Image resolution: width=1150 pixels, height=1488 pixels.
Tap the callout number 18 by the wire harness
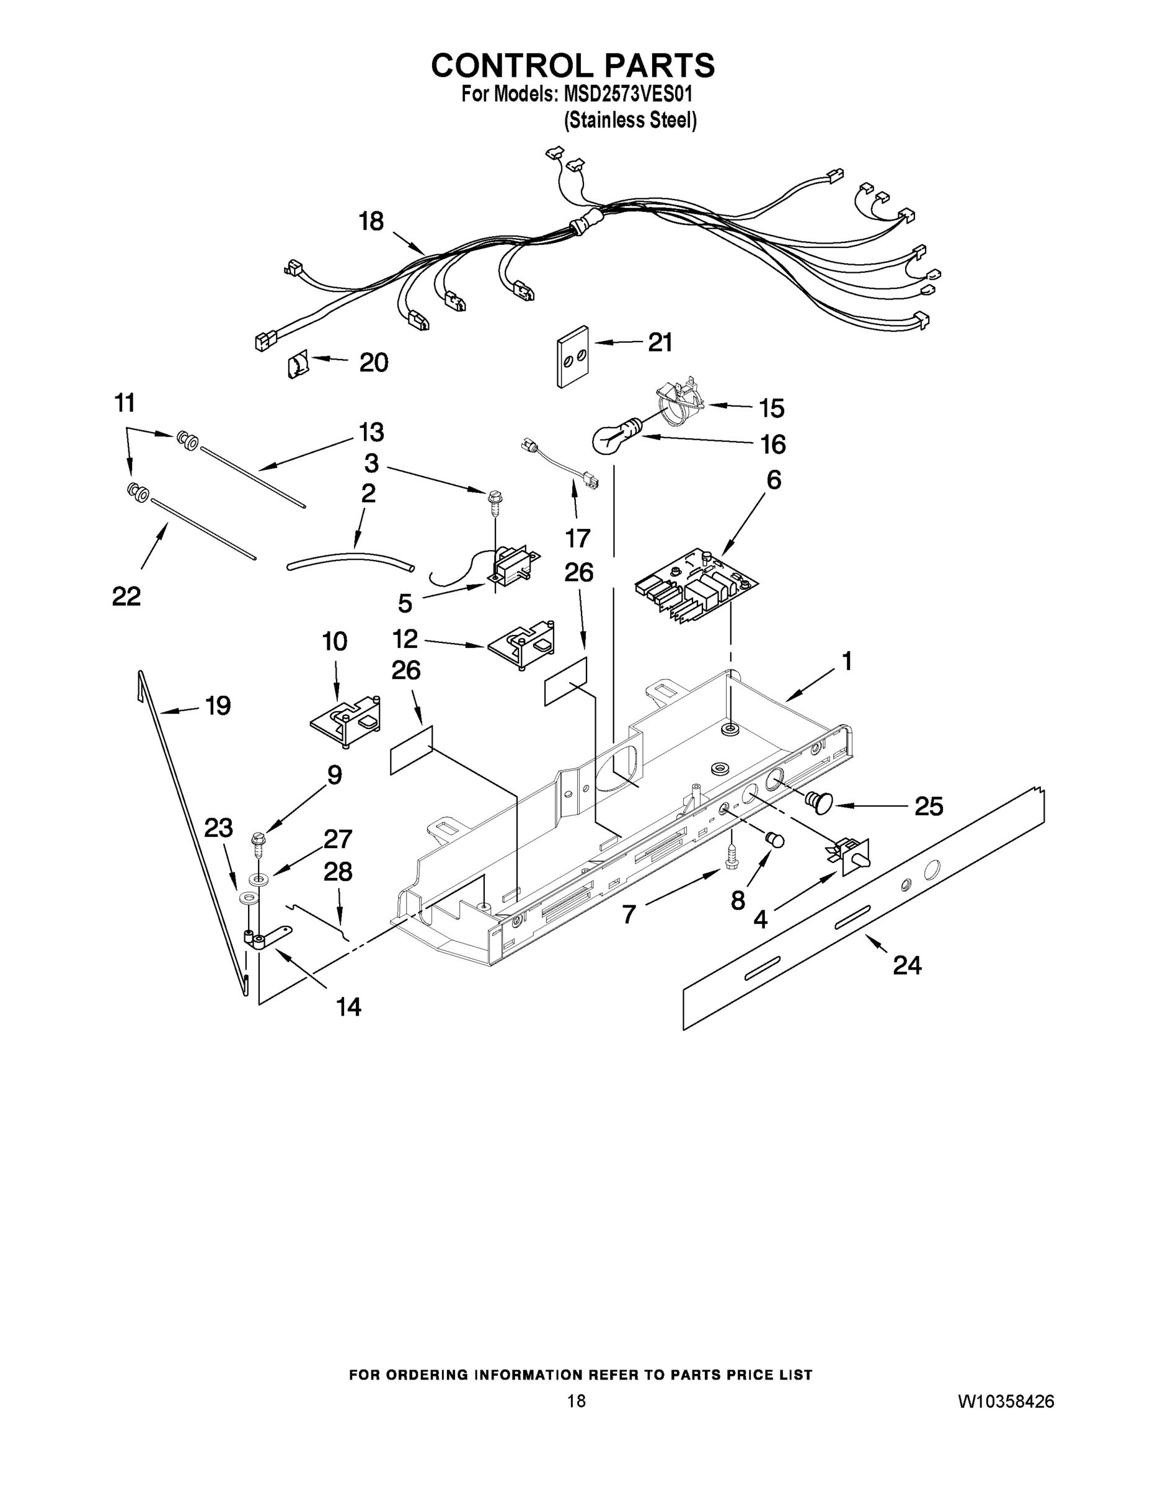tap(371, 221)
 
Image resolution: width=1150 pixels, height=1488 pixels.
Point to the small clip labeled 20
tap(298, 365)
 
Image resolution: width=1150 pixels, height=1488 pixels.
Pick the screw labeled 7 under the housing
tap(732, 855)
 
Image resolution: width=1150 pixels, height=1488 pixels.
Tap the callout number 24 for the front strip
tap(907, 965)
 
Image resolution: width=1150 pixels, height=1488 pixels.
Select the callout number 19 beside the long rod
tap(218, 706)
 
